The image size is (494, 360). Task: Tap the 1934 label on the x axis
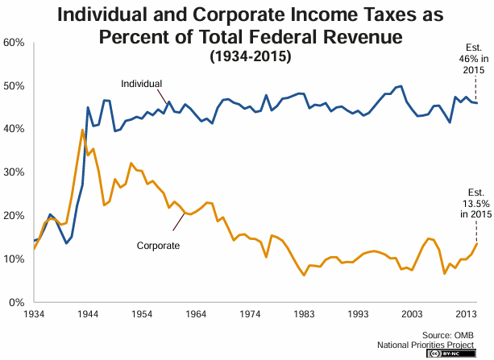pyautogui.click(x=34, y=313)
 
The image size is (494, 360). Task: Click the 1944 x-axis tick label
pyautogui.click(x=88, y=313)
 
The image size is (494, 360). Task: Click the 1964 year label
pyautogui.click(x=196, y=313)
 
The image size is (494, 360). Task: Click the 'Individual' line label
pyautogui.click(x=141, y=84)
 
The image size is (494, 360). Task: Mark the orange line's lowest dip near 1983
pyautogui.click(x=305, y=275)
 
